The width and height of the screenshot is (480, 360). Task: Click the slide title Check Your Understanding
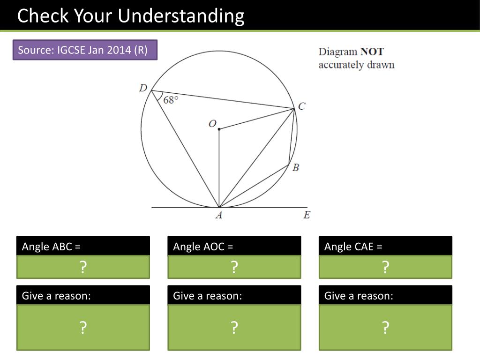[131, 16]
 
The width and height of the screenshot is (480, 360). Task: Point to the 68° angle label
[171, 100]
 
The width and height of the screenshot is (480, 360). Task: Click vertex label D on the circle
[143, 88]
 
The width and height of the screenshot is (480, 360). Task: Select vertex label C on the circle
[301, 106]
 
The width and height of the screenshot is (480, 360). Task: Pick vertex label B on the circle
[296, 167]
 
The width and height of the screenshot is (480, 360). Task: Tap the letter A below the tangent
[218, 215]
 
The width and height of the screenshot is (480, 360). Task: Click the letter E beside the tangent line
[307, 215]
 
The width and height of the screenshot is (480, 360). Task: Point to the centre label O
[212, 124]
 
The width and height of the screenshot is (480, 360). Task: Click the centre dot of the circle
[219, 129]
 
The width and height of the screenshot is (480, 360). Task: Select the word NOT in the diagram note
[372, 52]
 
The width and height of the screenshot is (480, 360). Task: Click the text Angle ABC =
[52, 247]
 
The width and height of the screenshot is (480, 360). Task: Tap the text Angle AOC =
[203, 247]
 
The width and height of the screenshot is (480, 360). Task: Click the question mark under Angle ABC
[83, 267]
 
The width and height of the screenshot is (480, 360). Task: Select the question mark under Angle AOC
[234, 267]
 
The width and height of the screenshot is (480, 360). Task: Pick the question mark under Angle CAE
[385, 267]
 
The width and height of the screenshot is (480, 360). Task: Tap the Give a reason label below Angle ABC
[56, 296]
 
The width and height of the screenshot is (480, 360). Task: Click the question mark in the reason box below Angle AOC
[234, 328]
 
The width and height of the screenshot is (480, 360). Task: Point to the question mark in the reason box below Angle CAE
[385, 328]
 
